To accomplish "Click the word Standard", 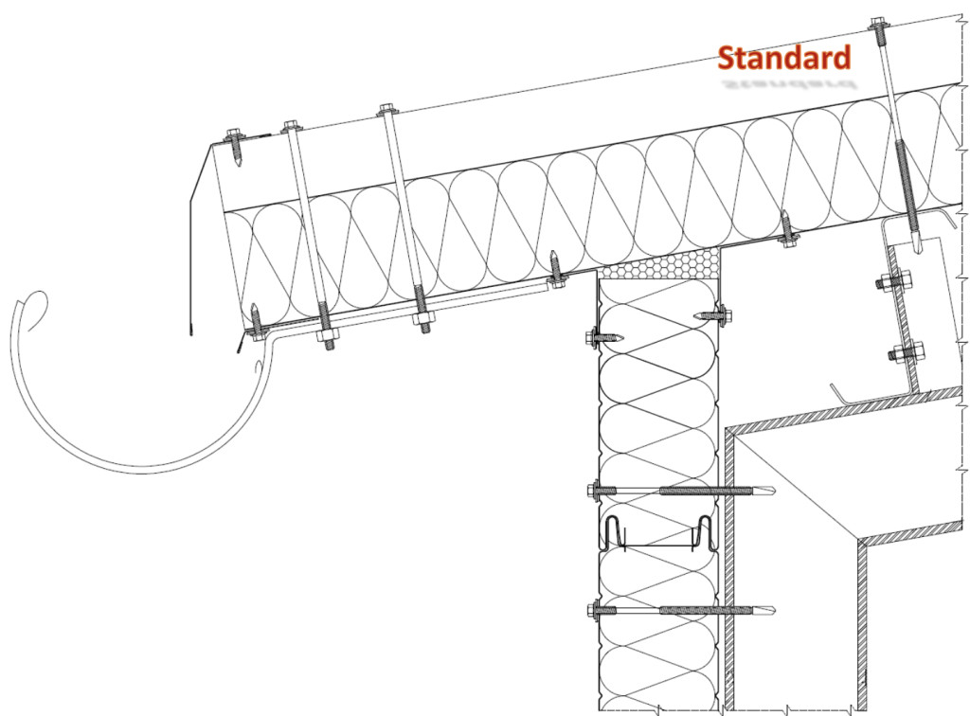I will [x=783, y=58].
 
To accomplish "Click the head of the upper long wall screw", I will [x=594, y=491].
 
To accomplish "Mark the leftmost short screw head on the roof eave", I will [x=233, y=140].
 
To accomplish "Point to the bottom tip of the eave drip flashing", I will [x=190, y=331].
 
